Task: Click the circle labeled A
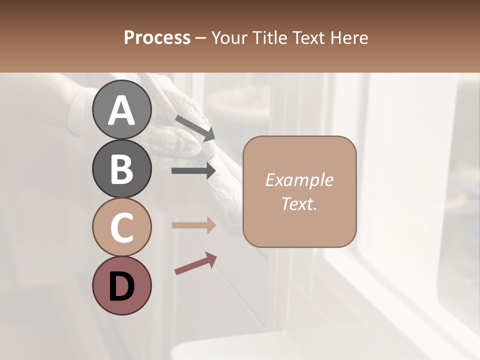122,109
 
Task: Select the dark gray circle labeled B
122,168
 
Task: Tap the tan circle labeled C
122,227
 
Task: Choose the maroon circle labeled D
122,285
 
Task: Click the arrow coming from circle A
195,127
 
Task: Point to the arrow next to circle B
193,171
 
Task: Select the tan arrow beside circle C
193,225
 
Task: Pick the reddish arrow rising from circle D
195,263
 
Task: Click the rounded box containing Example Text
299,191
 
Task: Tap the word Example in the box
299,180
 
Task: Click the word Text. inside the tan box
299,203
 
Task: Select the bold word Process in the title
157,37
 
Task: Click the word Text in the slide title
310,37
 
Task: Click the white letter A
122,110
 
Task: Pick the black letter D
122,287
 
